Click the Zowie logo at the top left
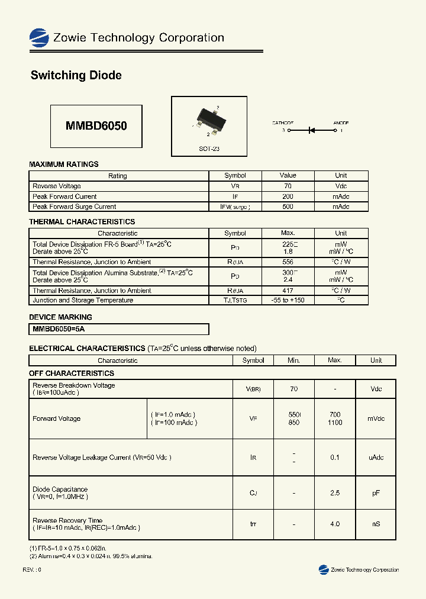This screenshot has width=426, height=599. (x=39, y=38)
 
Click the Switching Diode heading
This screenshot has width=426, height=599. (x=76, y=75)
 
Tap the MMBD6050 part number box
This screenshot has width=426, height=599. (x=96, y=126)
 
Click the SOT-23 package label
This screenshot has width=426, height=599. (x=209, y=149)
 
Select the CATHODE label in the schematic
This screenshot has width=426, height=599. (x=283, y=123)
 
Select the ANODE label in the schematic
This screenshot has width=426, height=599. (x=341, y=123)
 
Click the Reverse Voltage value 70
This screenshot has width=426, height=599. (x=288, y=186)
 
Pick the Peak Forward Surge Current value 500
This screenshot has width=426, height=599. (x=288, y=207)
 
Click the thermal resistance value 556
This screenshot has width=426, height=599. (x=288, y=262)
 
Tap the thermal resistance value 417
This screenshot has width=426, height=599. (x=288, y=291)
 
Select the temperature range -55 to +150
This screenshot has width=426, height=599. (x=288, y=300)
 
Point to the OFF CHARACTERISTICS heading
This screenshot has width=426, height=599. (x=72, y=373)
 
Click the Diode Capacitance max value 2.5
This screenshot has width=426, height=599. (x=335, y=493)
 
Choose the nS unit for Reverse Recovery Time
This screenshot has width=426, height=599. (x=376, y=524)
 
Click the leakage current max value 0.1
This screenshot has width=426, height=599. (x=335, y=457)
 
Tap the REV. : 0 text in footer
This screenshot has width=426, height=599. (x=32, y=569)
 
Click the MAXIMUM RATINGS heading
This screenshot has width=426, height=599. (x=64, y=164)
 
